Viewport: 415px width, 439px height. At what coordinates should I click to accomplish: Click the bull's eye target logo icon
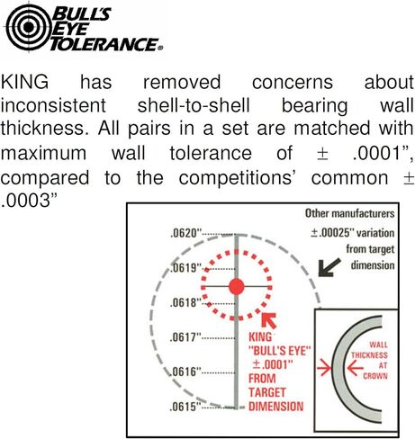pyautogui.click(x=29, y=27)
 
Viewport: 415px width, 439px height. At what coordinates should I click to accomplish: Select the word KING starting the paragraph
pyautogui.click(x=24, y=82)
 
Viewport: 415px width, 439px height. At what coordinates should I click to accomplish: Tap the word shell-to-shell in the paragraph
pyautogui.click(x=194, y=105)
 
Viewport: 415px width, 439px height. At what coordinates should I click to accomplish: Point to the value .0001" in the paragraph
pyautogui.click(x=383, y=153)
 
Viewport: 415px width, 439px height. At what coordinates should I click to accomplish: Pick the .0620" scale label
pyautogui.click(x=185, y=233)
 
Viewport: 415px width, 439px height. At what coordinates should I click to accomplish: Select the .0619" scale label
pyautogui.click(x=185, y=267)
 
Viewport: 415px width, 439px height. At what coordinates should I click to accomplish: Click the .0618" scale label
pyautogui.click(x=185, y=302)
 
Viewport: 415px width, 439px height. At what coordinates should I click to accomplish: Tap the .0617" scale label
pyautogui.click(x=185, y=337)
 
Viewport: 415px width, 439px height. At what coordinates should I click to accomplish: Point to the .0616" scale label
pyautogui.click(x=185, y=372)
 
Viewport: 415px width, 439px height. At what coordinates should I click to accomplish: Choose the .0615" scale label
pyautogui.click(x=185, y=407)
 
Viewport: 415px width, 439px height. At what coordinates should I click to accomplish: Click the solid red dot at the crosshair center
pyautogui.click(x=237, y=286)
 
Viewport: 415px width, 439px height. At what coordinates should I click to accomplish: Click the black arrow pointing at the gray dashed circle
pyautogui.click(x=329, y=267)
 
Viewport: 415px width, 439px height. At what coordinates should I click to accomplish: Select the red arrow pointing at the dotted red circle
pyautogui.click(x=269, y=320)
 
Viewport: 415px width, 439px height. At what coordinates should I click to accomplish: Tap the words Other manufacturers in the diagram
pyautogui.click(x=349, y=213)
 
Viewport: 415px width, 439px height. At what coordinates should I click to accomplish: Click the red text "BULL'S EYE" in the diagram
pyautogui.click(x=279, y=351)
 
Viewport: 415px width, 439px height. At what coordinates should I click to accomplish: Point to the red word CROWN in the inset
pyautogui.click(x=375, y=376)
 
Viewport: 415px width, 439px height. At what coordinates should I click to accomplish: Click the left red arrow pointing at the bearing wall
pyautogui.click(x=324, y=368)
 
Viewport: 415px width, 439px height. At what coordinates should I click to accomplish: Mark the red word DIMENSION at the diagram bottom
pyautogui.click(x=276, y=407)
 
